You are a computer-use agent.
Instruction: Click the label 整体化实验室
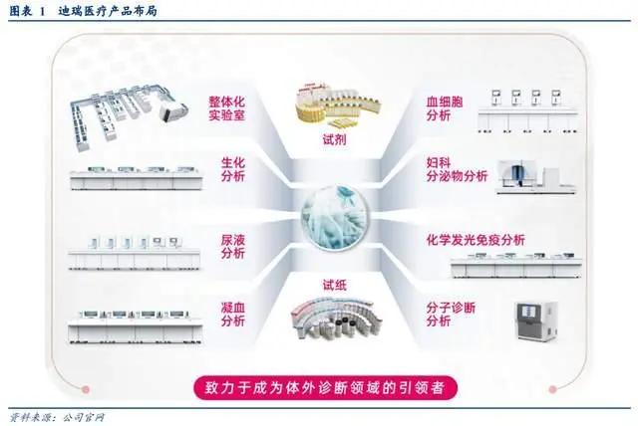click(x=227, y=108)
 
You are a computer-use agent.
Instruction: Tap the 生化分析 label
click(x=233, y=169)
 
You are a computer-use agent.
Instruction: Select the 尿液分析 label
click(x=233, y=247)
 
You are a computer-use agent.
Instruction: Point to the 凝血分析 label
click(x=233, y=314)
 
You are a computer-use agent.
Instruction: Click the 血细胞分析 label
click(x=445, y=108)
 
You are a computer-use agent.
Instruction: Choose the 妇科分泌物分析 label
click(x=457, y=169)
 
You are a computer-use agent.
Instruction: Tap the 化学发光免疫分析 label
click(x=476, y=240)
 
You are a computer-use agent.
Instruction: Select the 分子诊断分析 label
click(x=451, y=314)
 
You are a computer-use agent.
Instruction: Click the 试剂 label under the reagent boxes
click(x=335, y=139)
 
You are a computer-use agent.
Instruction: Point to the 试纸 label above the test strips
click(x=335, y=285)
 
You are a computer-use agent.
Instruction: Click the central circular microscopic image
click(x=335, y=217)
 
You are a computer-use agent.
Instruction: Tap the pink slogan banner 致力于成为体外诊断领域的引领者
click(x=326, y=388)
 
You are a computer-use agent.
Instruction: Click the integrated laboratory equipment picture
click(x=128, y=116)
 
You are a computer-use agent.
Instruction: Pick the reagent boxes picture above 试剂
click(x=338, y=105)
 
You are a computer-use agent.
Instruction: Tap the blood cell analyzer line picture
click(x=527, y=110)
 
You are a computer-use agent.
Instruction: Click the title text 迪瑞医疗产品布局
click(x=108, y=11)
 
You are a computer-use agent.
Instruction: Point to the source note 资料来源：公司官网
click(x=57, y=417)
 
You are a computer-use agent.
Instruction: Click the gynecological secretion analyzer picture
click(x=536, y=176)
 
